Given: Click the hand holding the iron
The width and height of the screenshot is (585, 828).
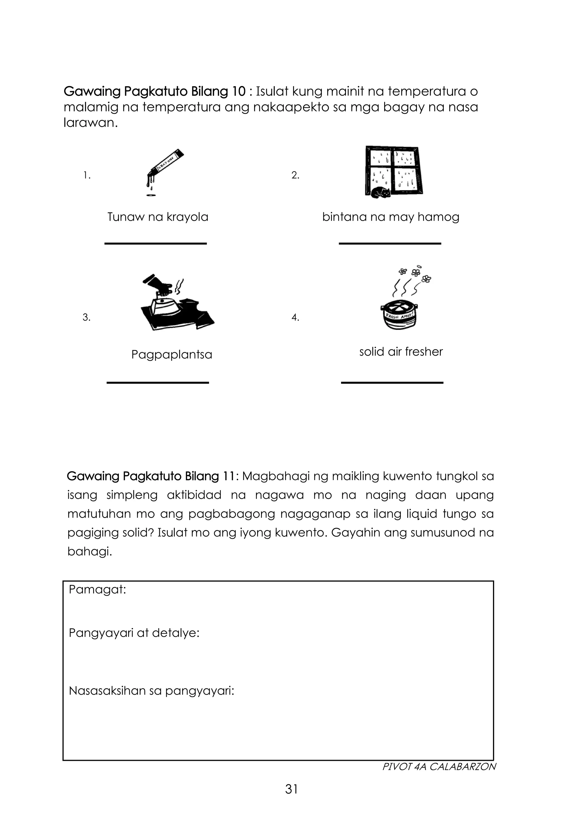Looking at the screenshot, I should coord(159,285).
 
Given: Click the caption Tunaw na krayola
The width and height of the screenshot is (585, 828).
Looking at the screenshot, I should coord(158,217).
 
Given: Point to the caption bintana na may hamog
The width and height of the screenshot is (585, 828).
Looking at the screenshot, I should coord(390,217).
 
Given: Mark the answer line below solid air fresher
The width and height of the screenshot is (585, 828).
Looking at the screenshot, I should coord(392,383).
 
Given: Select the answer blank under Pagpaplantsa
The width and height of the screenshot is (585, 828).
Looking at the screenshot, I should coord(157,383).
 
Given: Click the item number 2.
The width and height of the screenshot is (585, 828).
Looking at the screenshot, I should coord(295,176).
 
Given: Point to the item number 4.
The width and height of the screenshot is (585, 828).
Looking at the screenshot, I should coord(295,318).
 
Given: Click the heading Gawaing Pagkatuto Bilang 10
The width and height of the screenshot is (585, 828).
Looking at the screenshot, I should coord(155,91).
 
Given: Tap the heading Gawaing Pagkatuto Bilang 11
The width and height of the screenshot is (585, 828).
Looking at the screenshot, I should coord(151,476).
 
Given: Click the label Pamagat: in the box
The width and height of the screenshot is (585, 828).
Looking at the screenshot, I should coord(97,590).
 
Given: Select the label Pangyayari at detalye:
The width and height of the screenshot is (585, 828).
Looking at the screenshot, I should coord(134,633).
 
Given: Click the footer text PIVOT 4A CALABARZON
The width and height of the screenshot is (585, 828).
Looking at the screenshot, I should coord(439,767).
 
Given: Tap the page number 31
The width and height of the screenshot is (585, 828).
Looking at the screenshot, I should coord(291,789).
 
